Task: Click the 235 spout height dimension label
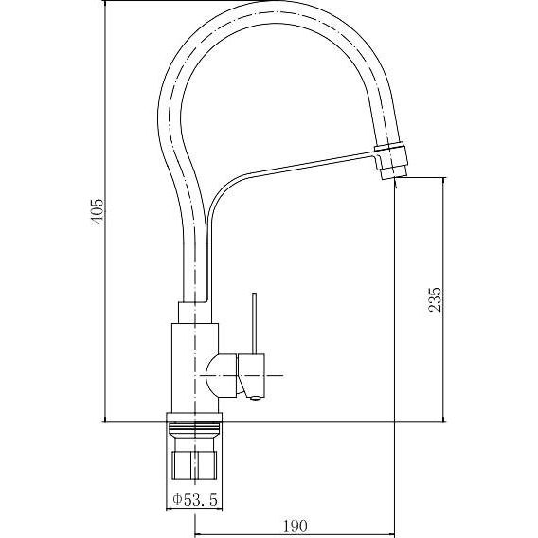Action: point(435,299)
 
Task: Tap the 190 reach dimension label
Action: point(296,526)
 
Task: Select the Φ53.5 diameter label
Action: point(195,499)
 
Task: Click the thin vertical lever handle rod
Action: point(254,323)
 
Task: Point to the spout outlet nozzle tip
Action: point(394,171)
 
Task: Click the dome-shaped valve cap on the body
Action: point(222,376)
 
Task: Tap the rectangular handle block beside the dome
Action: point(252,374)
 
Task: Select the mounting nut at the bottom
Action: point(194,465)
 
